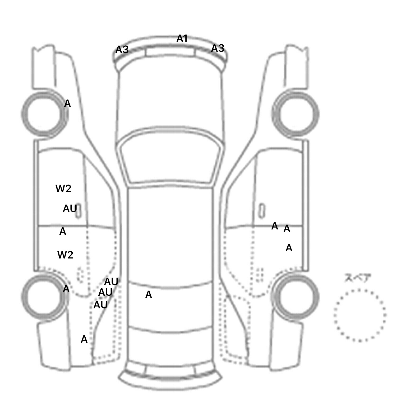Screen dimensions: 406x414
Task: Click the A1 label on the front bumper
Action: (182, 39)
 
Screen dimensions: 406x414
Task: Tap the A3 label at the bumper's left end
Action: (122, 49)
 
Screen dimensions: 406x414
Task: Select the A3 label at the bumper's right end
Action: (218, 48)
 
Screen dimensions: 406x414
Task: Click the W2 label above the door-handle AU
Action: (63, 189)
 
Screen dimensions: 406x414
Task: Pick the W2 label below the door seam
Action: (65, 255)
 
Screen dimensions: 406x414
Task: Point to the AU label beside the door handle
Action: (70, 209)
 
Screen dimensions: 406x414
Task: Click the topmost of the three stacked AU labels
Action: (111, 282)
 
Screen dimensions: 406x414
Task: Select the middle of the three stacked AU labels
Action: (105, 292)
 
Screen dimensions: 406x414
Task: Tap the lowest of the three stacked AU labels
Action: (101, 305)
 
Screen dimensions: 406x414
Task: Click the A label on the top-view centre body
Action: (149, 295)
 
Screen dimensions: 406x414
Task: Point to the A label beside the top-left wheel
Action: (67, 103)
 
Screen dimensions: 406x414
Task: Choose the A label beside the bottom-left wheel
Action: (66, 289)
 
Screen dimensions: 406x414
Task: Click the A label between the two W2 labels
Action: (63, 231)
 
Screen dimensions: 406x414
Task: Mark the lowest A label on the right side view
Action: (289, 248)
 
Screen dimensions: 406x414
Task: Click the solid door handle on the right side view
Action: (262, 211)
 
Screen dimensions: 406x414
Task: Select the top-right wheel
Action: (296, 114)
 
